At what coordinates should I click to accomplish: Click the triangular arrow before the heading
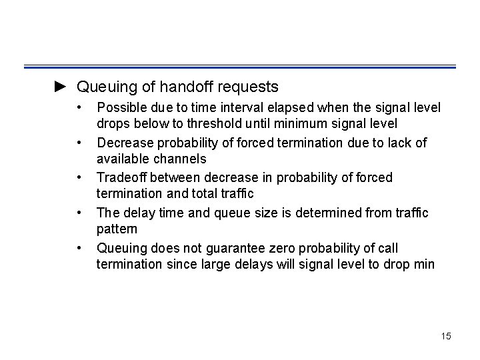tap(61, 87)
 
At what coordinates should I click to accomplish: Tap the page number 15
tap(445, 336)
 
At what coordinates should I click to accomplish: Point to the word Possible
tap(121, 107)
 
